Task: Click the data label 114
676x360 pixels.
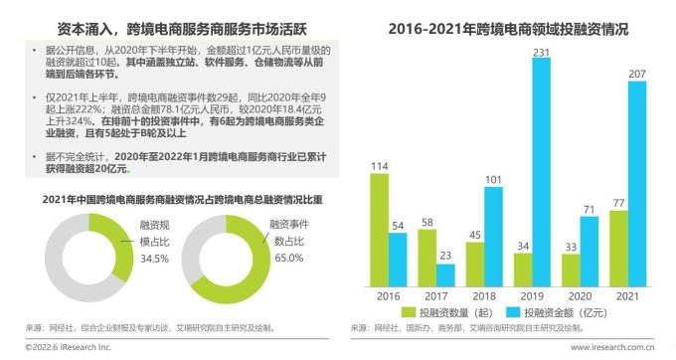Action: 379,166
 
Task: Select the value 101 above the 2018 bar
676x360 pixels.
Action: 493,180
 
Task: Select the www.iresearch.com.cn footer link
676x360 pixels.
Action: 610,347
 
